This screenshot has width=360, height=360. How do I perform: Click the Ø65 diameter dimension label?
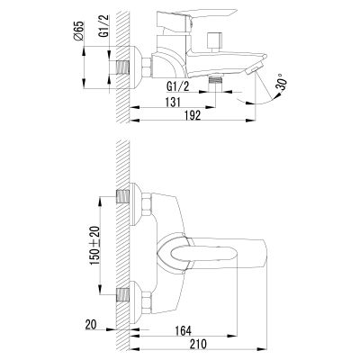[79, 31]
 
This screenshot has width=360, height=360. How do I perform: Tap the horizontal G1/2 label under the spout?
[178, 87]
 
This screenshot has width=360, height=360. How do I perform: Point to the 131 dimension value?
[173, 102]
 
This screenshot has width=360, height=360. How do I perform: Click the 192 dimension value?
[192, 115]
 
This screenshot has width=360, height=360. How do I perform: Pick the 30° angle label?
[282, 82]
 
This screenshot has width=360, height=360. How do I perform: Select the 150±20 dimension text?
[95, 246]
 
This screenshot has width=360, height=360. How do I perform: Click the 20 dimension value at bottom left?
[92, 325]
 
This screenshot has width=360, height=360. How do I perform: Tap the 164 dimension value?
[183, 331]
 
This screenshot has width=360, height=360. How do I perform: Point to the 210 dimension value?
[198, 344]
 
